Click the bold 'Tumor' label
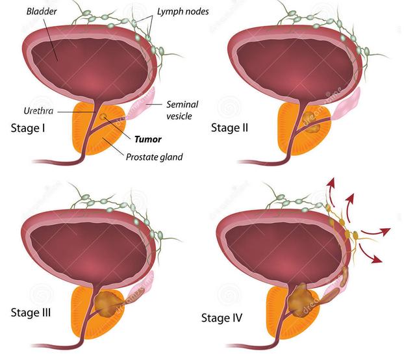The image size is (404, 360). pyautogui.click(x=148, y=138)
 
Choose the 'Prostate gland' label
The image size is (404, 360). pyautogui.click(x=154, y=157)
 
